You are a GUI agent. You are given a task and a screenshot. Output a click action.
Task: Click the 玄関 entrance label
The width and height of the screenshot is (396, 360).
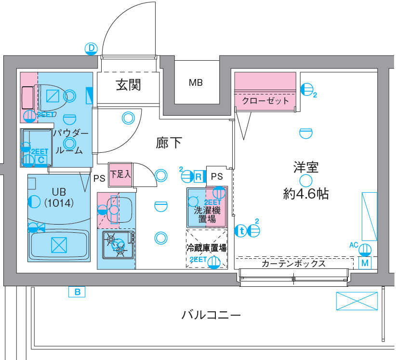[x=128, y=85]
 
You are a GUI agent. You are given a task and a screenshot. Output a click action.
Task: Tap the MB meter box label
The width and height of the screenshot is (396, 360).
[x=195, y=82]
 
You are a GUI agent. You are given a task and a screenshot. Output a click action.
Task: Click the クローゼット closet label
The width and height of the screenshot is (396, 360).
[x=265, y=101]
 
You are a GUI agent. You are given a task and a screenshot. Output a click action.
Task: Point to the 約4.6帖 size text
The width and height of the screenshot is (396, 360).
[x=306, y=194]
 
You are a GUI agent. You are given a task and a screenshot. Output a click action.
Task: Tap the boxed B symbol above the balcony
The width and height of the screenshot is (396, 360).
[x=77, y=291]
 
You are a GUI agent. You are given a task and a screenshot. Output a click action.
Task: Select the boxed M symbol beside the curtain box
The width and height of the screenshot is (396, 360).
[x=365, y=263]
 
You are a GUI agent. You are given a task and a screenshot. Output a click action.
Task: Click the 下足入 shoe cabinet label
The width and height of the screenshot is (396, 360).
[x=120, y=174]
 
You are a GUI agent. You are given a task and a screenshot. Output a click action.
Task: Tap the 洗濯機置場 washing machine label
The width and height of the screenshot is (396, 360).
[x=207, y=215]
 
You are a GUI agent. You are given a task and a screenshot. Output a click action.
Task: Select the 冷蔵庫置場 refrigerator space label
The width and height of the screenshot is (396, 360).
[x=207, y=249]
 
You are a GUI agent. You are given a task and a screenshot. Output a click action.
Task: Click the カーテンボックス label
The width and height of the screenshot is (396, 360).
[x=293, y=264]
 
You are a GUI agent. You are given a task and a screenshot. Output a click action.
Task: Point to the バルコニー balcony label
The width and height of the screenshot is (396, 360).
[x=211, y=315]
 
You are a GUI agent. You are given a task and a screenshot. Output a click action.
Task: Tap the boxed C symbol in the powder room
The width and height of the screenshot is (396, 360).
[x=41, y=159]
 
